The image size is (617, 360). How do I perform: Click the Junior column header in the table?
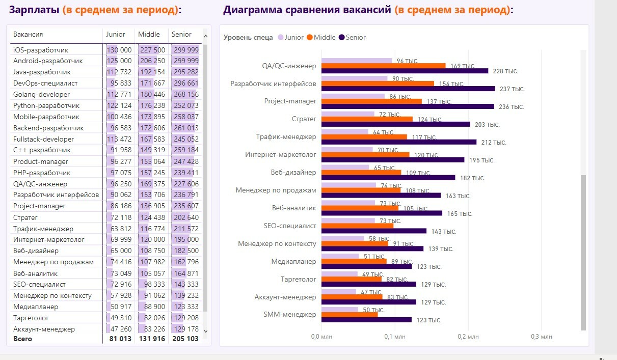[116, 35]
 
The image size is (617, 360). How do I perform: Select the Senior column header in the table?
[181, 35]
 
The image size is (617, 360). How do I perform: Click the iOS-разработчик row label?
[41, 50]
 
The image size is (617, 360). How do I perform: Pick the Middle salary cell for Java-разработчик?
[152, 72]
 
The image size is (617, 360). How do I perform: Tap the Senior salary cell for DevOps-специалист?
[185, 84]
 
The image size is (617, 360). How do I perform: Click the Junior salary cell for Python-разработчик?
[119, 106]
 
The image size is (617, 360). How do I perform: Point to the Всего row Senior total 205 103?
[185, 339]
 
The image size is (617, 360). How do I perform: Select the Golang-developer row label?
[41, 95]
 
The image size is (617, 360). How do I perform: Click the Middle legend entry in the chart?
[321, 37]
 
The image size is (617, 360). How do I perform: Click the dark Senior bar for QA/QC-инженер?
[405, 71]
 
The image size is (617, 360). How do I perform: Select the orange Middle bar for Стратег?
[367, 119]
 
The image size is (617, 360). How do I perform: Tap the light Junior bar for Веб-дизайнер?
[345, 167]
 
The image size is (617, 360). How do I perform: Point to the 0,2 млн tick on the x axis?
[468, 337]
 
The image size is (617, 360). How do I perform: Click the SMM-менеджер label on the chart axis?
[290, 315]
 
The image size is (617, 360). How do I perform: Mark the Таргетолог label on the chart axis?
[299, 280]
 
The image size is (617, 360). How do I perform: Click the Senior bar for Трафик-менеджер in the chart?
[399, 142]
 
